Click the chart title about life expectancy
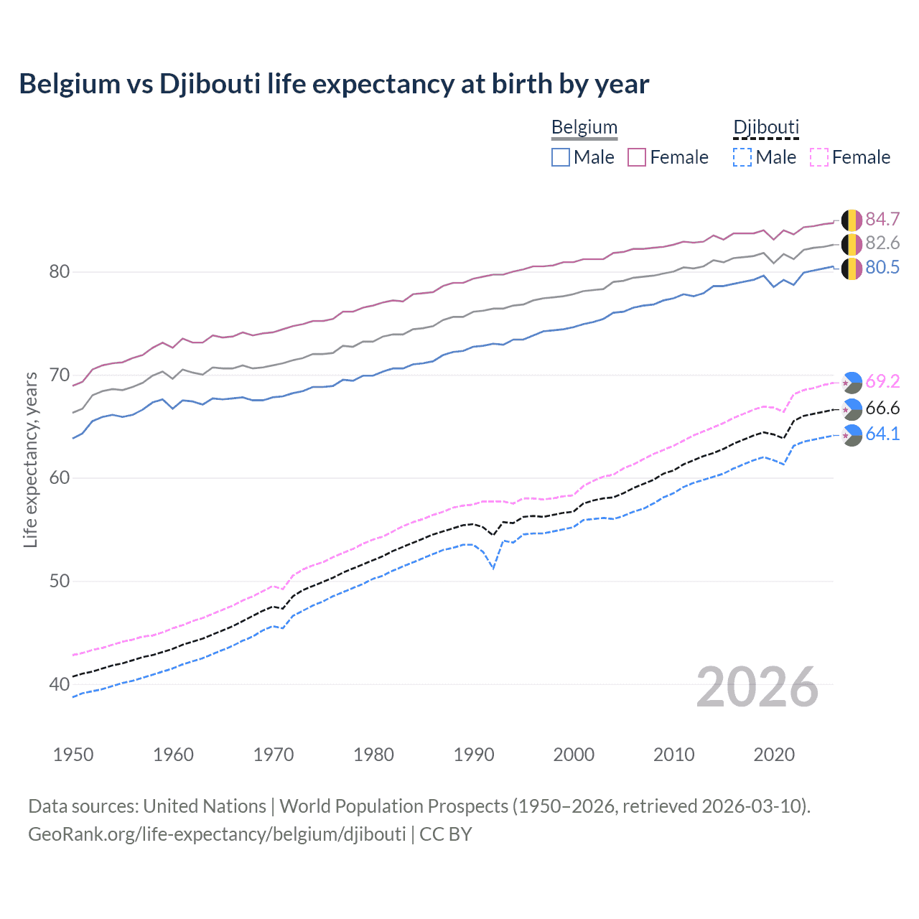[x=334, y=84]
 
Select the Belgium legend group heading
[x=584, y=128]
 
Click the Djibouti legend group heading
[x=765, y=128]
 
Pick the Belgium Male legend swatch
[x=561, y=157]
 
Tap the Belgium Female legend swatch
[x=637, y=157]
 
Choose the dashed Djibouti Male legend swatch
[x=742, y=157]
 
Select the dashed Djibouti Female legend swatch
[x=819, y=157]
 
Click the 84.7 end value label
[x=882, y=219]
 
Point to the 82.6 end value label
[x=882, y=243]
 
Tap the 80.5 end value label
[x=882, y=268]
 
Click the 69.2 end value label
[x=882, y=381]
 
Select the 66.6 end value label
[x=882, y=409]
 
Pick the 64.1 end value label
[x=882, y=434]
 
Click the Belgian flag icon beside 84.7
[x=851, y=220]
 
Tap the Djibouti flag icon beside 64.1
[x=852, y=435]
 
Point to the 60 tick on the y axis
[x=60, y=478]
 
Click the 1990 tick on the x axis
[x=474, y=755]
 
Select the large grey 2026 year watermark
[x=757, y=688]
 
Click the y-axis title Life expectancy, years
[x=31, y=459]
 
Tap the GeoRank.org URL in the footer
[x=217, y=834]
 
